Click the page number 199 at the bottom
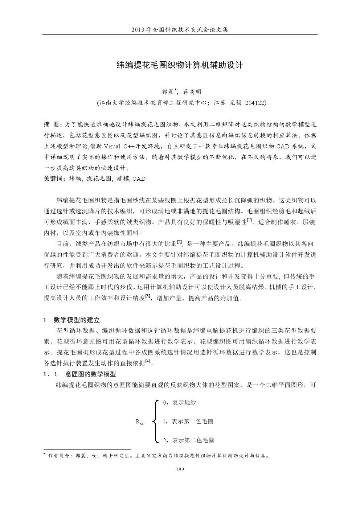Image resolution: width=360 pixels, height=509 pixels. [x=180, y=469]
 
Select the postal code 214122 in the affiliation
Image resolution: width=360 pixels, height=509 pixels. [x=255, y=103]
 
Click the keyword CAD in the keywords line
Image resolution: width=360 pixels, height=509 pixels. [x=139, y=178]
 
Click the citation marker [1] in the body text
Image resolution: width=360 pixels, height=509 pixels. [x=249, y=220]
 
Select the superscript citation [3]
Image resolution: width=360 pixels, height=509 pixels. [x=148, y=296]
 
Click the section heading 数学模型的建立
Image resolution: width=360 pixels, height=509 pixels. [x=77, y=320]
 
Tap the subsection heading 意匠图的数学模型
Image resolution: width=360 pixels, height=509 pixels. [x=90, y=374]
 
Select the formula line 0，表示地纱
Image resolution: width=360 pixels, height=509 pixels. [x=180, y=402]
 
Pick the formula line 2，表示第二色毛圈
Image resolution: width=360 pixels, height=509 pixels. [x=188, y=440]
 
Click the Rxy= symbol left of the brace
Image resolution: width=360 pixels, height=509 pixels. [x=141, y=422]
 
